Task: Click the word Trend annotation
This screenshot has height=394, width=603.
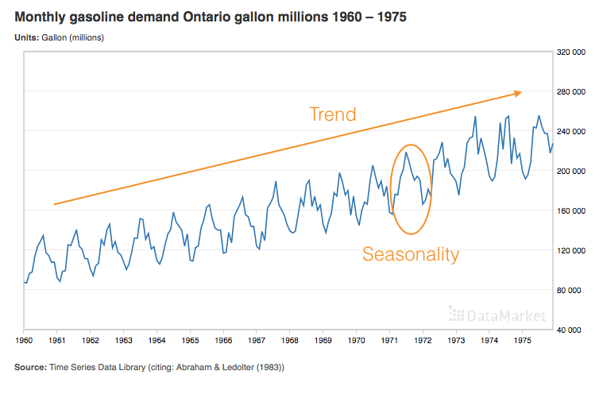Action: [x=332, y=114]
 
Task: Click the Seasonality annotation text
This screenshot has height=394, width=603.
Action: [x=411, y=254]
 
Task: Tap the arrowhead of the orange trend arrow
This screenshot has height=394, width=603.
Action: [x=518, y=93]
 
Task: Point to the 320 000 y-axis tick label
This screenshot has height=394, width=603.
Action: [x=571, y=52]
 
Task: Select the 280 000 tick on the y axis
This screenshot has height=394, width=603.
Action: [x=571, y=91]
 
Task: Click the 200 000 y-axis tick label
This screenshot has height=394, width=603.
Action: [x=571, y=171]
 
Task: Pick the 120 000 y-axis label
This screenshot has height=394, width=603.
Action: [x=571, y=250]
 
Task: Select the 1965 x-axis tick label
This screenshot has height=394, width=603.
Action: [x=189, y=341]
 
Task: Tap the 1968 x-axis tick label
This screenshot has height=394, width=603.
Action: [x=289, y=341]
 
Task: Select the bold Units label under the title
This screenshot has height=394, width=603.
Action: [x=26, y=37]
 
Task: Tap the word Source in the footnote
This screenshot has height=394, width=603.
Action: [x=31, y=367]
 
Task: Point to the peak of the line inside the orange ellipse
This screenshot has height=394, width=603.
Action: [x=406, y=153]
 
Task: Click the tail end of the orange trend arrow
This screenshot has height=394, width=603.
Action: [x=54, y=204]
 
